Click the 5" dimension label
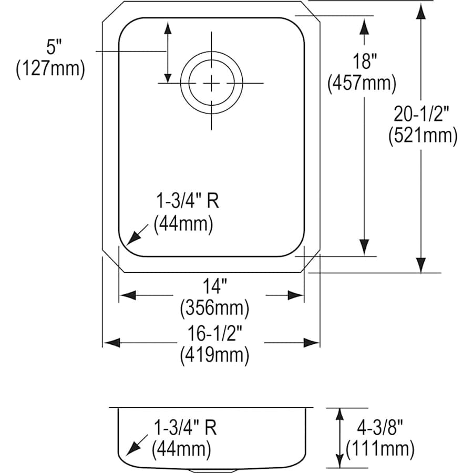point(50,48)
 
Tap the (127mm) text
point(50,69)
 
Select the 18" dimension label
point(362,62)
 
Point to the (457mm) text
point(362,83)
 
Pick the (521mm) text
point(423,136)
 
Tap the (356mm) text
point(214,306)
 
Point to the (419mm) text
point(214,356)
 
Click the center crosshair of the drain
point(211,83)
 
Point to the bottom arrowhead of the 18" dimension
point(363,247)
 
